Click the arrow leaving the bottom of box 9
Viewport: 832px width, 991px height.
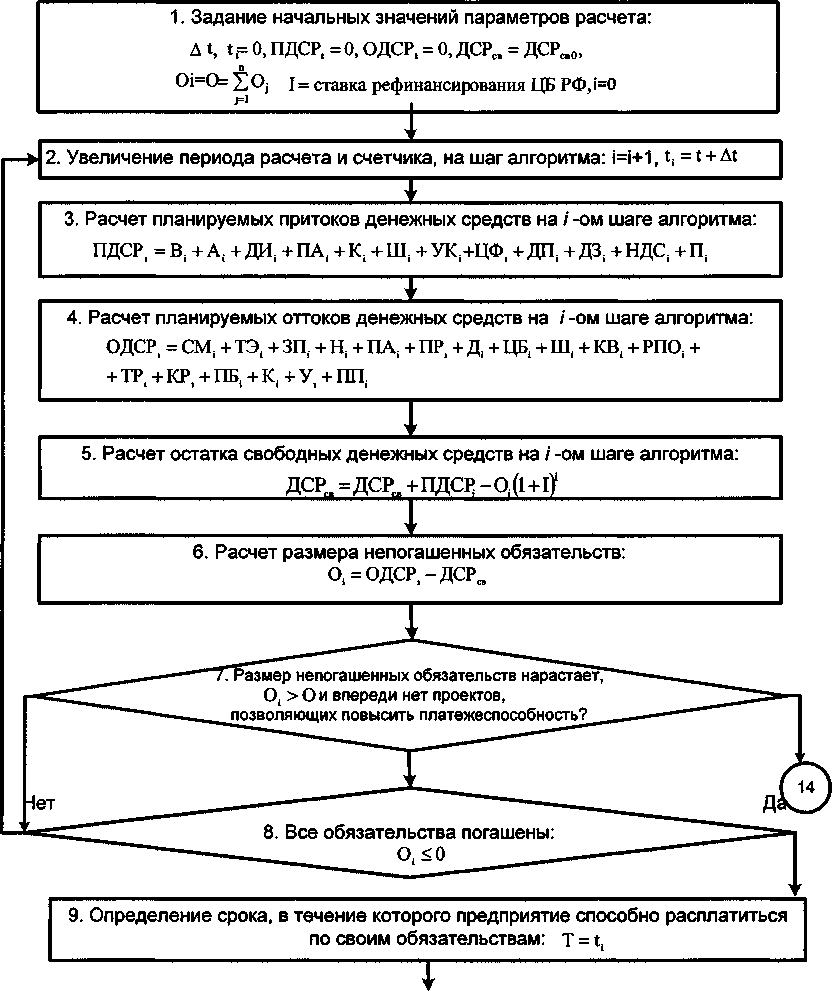[432, 975]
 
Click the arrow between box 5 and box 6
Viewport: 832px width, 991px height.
[411, 521]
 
